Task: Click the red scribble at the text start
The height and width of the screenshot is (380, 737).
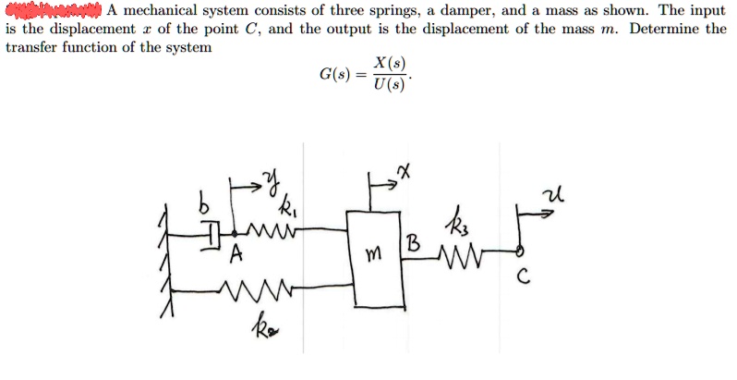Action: tap(51, 11)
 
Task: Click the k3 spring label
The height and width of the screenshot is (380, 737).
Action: tap(462, 221)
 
